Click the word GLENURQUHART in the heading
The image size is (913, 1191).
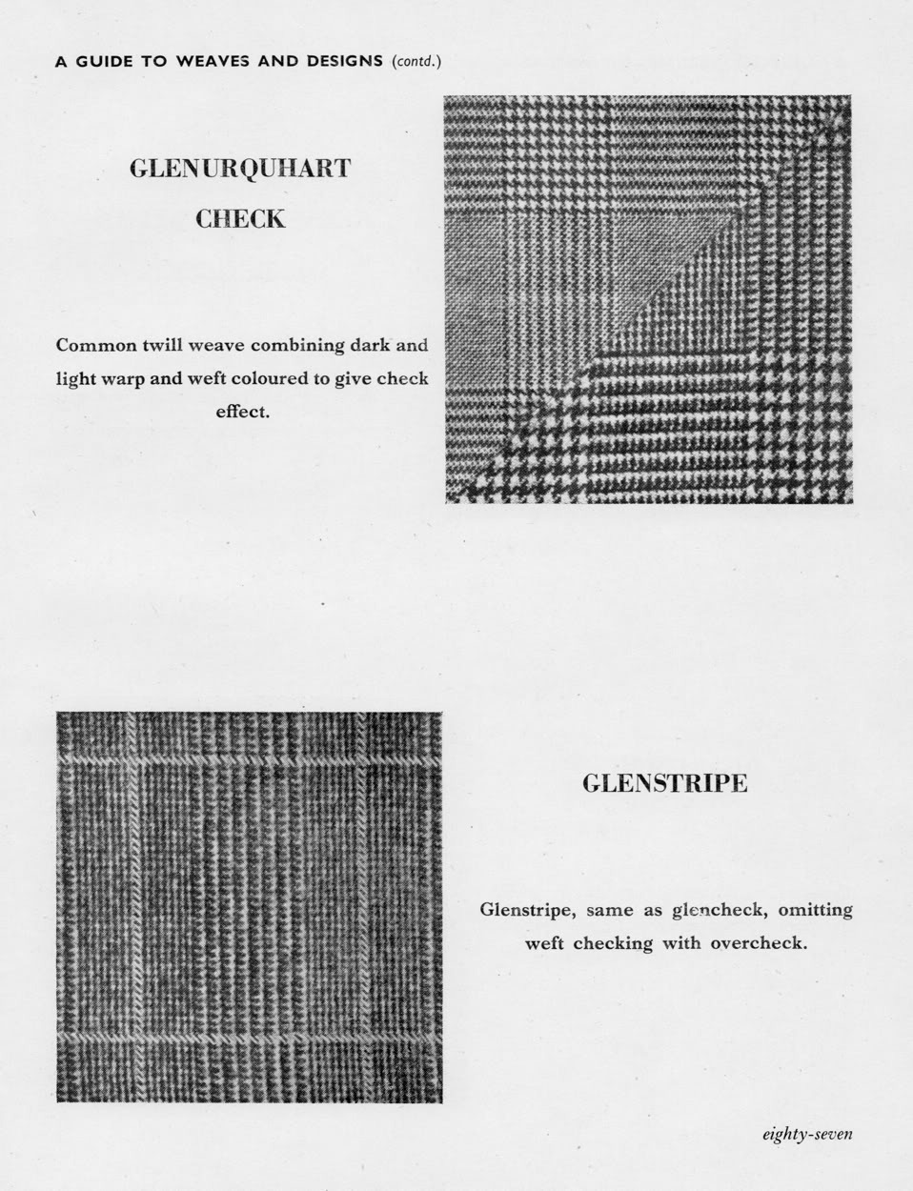point(239,169)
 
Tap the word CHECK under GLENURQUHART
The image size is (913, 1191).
point(239,219)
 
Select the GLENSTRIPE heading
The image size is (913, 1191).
point(664,784)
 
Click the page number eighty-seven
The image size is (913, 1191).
point(806,1134)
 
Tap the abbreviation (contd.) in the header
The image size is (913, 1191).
point(416,62)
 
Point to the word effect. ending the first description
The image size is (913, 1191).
point(242,414)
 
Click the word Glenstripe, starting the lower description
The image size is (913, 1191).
point(527,911)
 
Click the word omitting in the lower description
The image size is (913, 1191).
point(815,911)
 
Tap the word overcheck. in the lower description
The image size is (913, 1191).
point(759,944)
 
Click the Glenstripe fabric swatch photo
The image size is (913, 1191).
point(249,907)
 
